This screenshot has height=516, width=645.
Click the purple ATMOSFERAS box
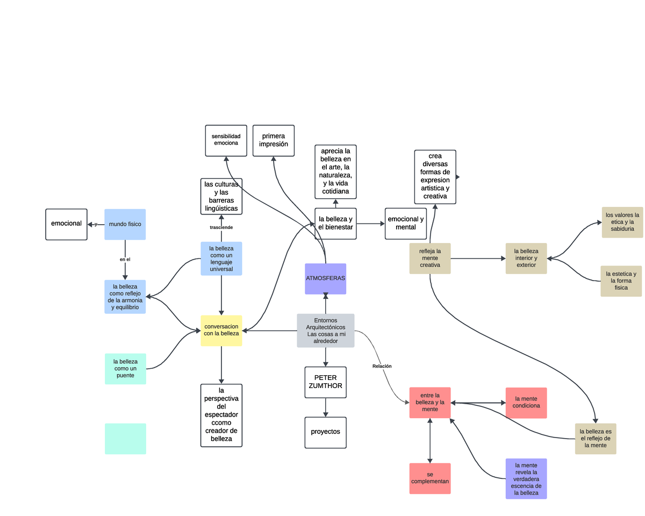point(325,278)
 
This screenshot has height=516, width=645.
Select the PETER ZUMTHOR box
point(325,382)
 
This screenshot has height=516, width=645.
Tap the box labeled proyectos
point(325,432)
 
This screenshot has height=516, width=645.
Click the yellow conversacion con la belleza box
point(221,330)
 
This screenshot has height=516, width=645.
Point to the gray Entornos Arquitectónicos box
point(325,330)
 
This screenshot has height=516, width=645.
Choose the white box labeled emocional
point(66,224)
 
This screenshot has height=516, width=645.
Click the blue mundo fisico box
point(125,224)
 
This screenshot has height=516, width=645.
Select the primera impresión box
point(274,140)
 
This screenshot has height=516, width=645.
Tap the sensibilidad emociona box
point(226,140)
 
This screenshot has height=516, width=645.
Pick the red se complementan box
point(429,478)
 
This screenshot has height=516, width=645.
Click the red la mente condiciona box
point(526,403)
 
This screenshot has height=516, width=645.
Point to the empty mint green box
point(125,439)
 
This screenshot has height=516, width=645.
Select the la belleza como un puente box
point(125,369)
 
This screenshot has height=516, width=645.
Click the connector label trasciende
point(221,227)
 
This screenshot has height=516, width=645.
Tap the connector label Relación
point(382,366)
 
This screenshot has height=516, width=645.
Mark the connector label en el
point(125,259)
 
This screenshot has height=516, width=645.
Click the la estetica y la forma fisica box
point(621,281)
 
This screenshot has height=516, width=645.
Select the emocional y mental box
point(406,223)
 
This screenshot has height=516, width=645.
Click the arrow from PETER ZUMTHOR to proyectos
point(325,407)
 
